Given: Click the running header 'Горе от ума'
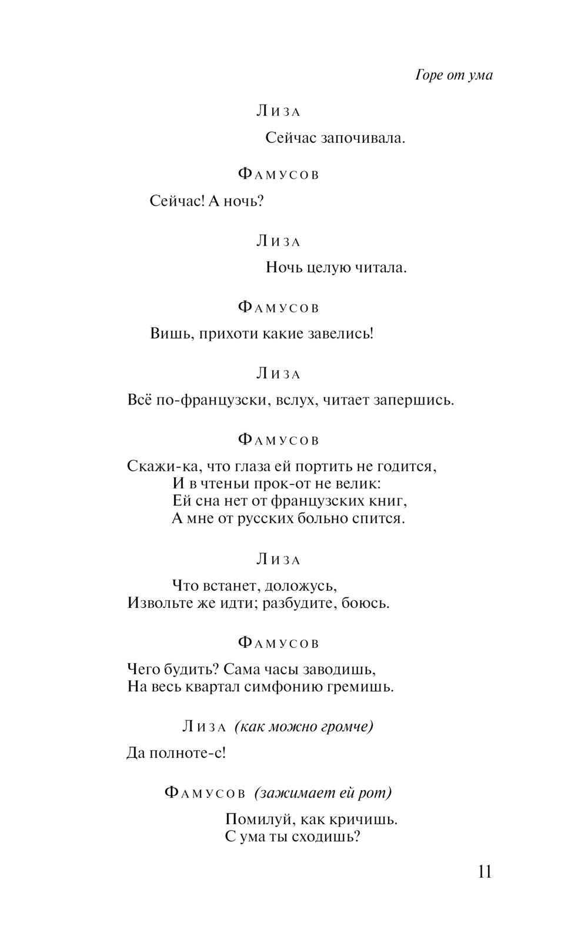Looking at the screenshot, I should pyautogui.click(x=454, y=75).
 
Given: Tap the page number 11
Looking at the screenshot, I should pyautogui.click(x=485, y=871).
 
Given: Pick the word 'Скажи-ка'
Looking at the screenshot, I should pyautogui.click(x=158, y=467).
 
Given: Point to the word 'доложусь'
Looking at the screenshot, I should pyautogui.click(x=300, y=586).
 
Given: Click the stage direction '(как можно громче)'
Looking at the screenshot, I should pyautogui.click(x=304, y=727).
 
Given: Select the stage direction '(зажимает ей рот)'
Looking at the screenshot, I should pyautogui.click(x=323, y=793).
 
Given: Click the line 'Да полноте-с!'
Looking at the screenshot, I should pyautogui.click(x=176, y=753).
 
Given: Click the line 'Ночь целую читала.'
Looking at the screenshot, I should pyautogui.click(x=336, y=268).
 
